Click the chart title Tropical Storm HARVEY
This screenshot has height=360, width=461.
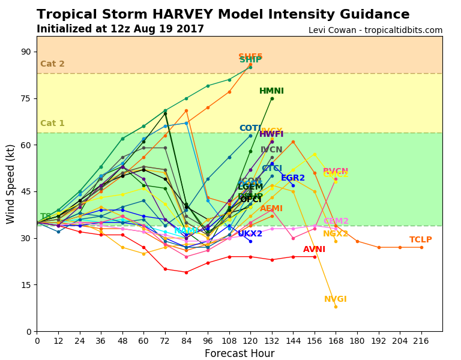pos(223,15)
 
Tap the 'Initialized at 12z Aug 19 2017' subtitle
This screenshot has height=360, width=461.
pos(120,29)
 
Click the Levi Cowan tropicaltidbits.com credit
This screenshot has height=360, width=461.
pos(375,31)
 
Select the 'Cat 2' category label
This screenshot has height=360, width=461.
pos(52,64)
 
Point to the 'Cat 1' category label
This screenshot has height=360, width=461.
pos(52,124)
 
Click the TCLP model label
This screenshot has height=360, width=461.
pos(421,240)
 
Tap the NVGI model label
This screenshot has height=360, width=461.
pos(336,299)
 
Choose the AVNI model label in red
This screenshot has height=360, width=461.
pos(314,250)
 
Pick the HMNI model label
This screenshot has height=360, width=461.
pos(271,91)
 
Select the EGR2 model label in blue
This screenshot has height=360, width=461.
pos(293,178)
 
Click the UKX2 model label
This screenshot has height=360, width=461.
pos(250,234)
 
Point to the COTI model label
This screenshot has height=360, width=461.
pos(250,128)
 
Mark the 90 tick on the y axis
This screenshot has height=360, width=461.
pos(26,52)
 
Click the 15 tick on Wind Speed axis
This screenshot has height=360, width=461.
pos(26,285)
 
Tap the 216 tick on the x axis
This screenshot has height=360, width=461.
pos(421,341)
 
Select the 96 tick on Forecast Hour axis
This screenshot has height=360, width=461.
pos(208,341)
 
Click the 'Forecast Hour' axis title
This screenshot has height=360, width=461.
pos(240,354)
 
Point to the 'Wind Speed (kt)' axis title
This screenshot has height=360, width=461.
pos(11,184)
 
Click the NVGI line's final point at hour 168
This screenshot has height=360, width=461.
pos(336,307)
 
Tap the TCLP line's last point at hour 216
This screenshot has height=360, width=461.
pos(421,247)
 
